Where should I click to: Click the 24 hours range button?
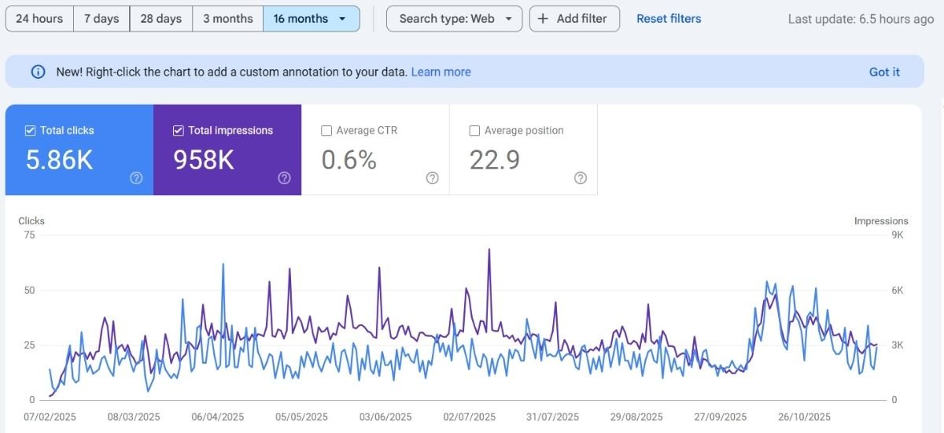[39, 19]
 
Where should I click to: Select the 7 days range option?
[101, 19]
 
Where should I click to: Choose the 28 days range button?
[160, 19]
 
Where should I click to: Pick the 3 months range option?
[228, 19]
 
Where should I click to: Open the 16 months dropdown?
[311, 19]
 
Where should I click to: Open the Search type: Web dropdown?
[454, 19]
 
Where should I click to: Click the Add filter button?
[574, 19]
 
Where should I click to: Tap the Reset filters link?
[669, 19]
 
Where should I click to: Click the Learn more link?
[441, 72]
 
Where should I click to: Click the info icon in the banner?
[38, 72]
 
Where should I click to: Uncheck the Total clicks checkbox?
[31, 131]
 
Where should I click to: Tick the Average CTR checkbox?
[326, 131]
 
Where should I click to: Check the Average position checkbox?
[474, 131]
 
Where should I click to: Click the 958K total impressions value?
[203, 160]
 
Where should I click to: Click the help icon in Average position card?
[581, 178]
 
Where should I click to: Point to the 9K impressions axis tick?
[897, 235]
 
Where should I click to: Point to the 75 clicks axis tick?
[29, 235]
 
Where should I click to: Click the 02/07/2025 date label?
[470, 417]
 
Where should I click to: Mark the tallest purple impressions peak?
[489, 250]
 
